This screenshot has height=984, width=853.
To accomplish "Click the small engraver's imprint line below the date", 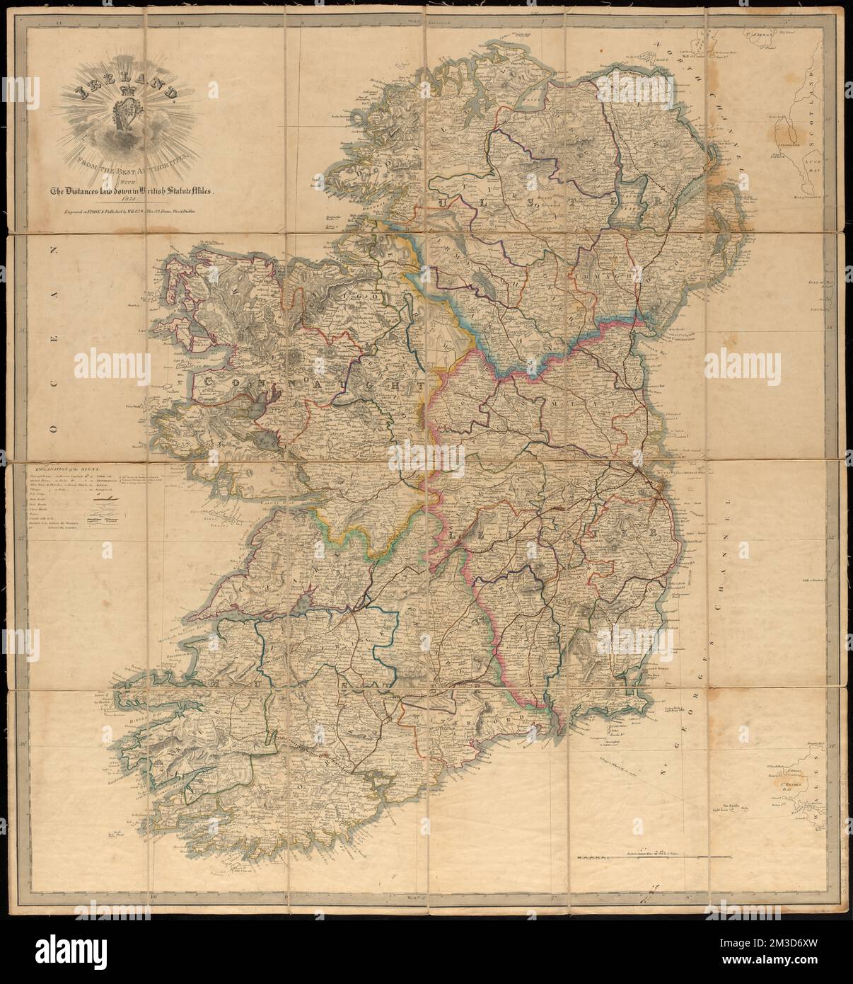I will pos(129,210).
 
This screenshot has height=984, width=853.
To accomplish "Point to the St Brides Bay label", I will pos(787,784).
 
